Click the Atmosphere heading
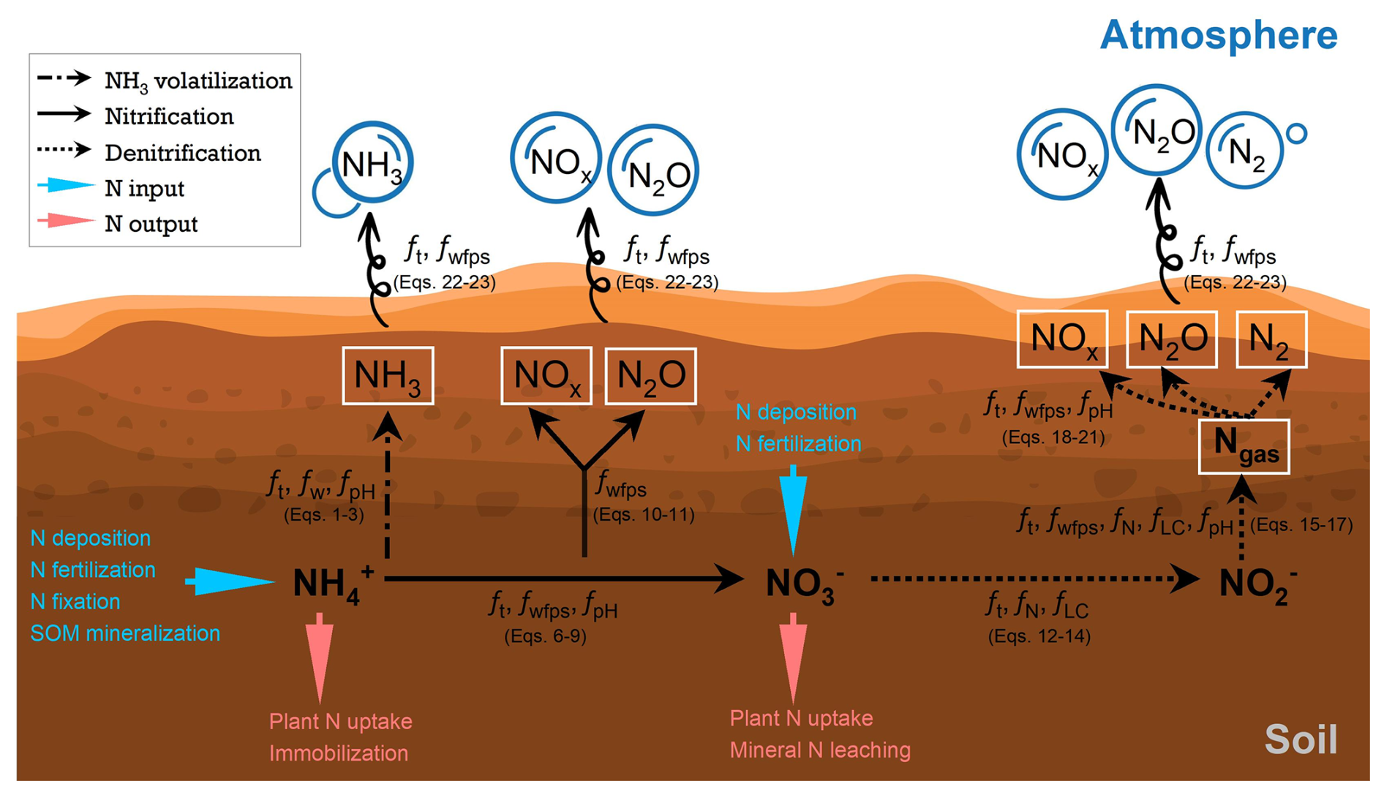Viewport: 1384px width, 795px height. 1218,35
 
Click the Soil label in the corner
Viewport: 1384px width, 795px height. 1301,739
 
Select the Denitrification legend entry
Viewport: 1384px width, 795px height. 182,153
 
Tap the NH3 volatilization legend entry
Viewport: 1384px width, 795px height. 198,80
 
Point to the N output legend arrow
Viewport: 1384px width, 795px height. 66,221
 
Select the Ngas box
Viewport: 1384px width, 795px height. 1244,446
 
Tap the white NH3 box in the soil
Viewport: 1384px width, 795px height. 388,376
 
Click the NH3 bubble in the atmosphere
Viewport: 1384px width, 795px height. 372,162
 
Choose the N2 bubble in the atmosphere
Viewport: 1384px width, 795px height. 1244,151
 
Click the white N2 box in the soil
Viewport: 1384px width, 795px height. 1271,339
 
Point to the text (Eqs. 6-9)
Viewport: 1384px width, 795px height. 545,636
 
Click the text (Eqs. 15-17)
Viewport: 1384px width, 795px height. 1301,524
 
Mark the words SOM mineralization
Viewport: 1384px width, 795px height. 125,633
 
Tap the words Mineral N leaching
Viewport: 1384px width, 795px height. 820,750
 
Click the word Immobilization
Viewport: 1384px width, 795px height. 339,753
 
